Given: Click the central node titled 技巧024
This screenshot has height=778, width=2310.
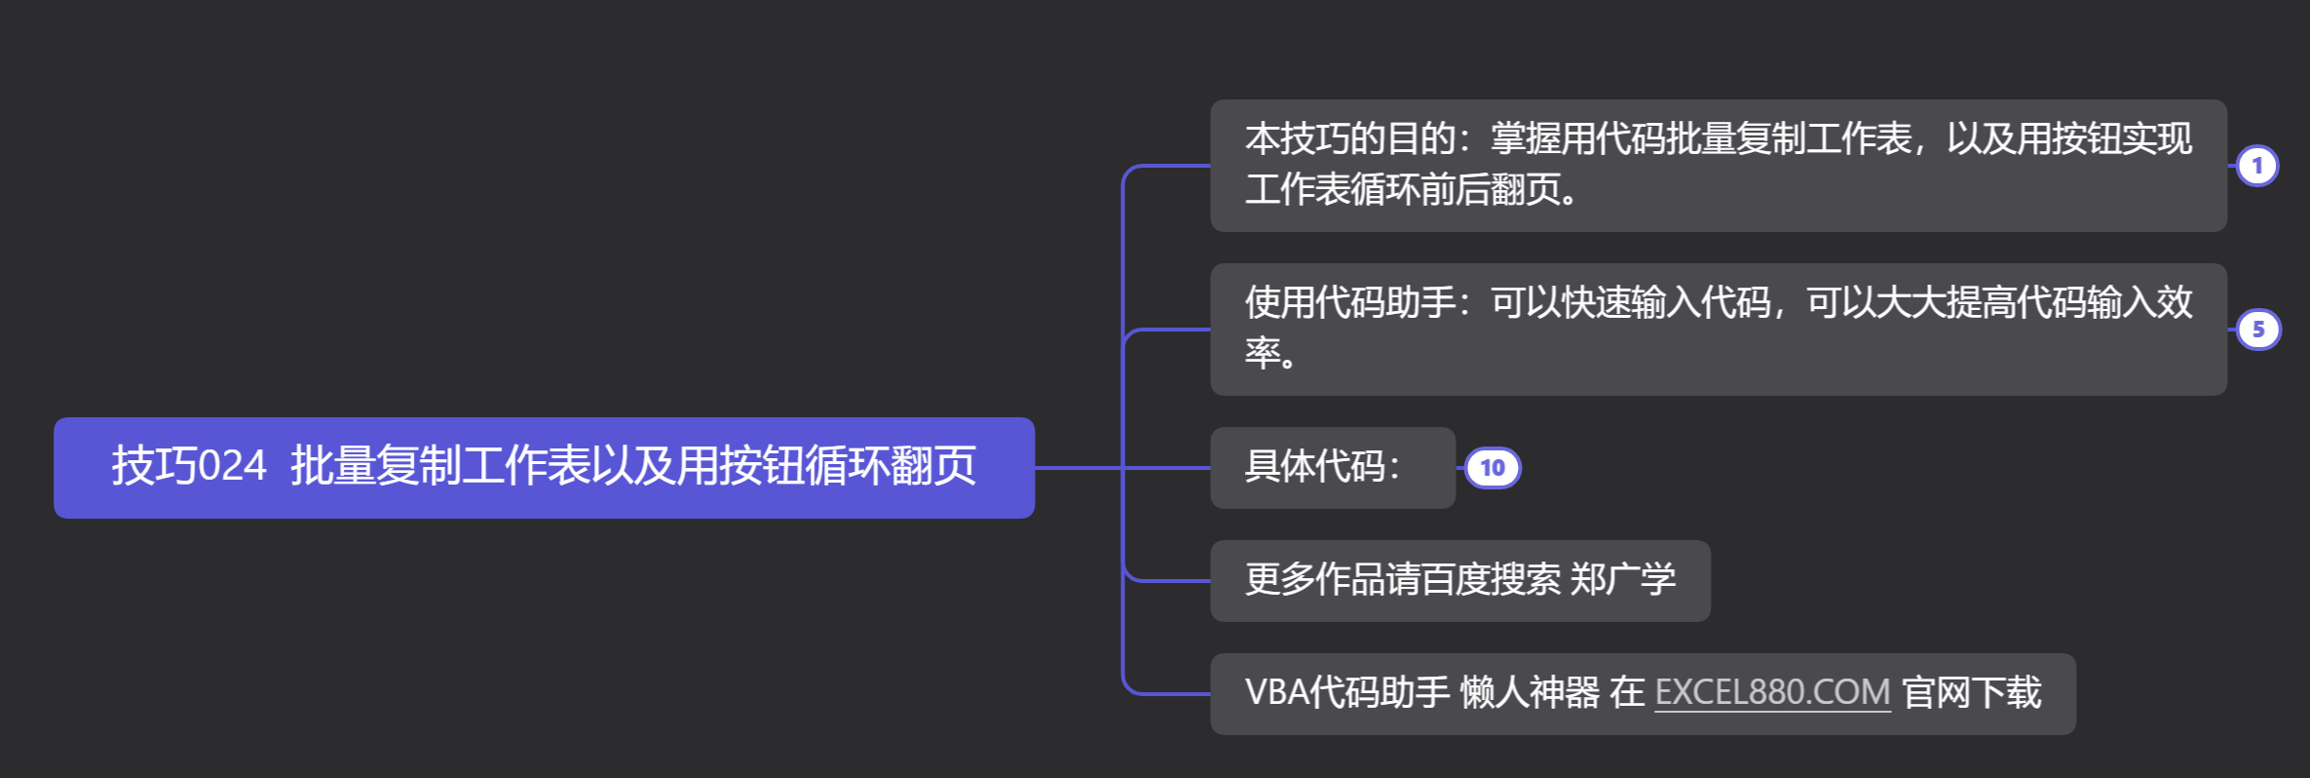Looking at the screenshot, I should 544,467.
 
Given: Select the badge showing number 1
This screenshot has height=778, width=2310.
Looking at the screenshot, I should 2256,166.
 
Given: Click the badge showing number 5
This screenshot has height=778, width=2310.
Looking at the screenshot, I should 2257,330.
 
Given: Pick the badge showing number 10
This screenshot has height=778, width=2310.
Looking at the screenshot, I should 1492,468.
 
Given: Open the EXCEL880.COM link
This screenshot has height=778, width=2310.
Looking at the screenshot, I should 1772,693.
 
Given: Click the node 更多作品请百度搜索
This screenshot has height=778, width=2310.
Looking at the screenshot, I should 1403,580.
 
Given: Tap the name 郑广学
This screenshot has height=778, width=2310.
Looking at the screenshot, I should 1623,580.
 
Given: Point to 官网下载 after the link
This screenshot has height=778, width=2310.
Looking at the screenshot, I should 1971,693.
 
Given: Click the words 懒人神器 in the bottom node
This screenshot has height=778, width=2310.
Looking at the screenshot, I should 1530,693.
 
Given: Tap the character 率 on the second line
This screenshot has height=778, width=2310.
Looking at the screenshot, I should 1263,353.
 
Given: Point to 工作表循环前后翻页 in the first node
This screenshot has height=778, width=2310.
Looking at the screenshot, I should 1403,190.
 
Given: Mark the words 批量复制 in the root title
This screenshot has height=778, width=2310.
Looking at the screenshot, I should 375,466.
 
